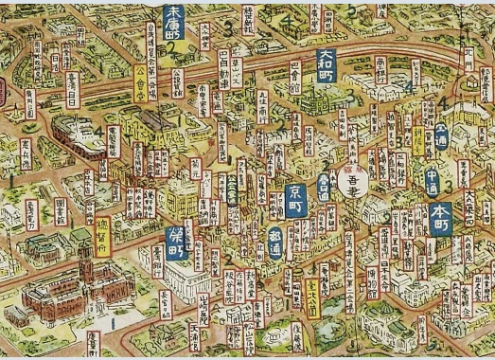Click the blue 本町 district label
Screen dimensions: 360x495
[x=440, y=215]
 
